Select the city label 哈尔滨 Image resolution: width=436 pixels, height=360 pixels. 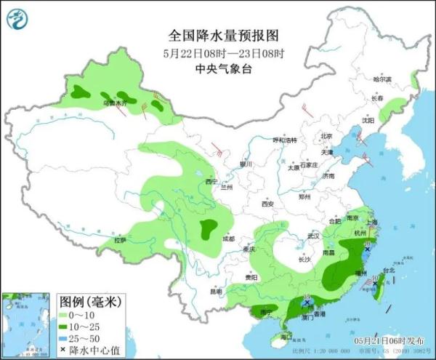click(381, 79)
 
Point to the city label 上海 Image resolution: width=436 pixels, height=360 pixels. click(371, 222)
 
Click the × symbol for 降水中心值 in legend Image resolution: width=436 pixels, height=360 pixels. click(63, 350)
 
